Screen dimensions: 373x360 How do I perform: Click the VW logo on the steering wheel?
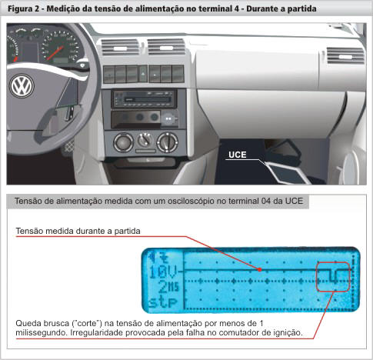[22, 86]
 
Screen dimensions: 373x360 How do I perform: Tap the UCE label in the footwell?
[238, 155]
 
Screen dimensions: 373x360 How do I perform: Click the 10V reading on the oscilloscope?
[163, 272]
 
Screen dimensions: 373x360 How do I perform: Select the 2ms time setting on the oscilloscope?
[168, 287]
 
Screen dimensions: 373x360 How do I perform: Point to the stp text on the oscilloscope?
[163, 302]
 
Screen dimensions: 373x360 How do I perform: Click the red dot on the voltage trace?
[260, 269]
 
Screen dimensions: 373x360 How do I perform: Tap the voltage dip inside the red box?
[333, 276]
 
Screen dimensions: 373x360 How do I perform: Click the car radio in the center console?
[144, 99]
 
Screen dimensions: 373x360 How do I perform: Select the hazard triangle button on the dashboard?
[143, 74]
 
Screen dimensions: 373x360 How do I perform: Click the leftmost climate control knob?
[123, 142]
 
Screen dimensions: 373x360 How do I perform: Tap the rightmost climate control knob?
[167, 142]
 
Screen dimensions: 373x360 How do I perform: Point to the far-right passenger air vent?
[345, 56]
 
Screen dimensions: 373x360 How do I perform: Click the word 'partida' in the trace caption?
[127, 232]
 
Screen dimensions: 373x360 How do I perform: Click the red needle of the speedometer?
[55, 53]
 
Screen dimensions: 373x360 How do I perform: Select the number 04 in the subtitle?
[266, 201]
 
